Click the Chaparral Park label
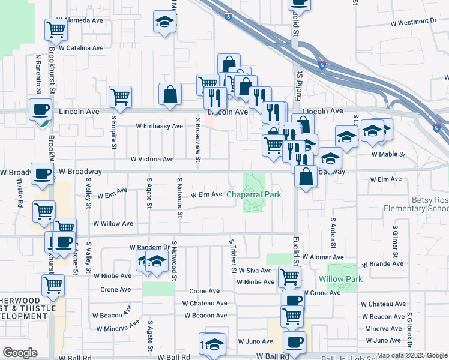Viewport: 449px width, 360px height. click(x=253, y=194)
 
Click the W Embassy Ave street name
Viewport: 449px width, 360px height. click(x=159, y=127)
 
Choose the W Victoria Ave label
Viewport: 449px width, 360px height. click(x=152, y=160)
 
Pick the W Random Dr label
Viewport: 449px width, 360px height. click(x=149, y=247)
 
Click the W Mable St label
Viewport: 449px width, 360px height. click(x=388, y=154)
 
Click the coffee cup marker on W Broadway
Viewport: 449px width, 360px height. click(x=42, y=173)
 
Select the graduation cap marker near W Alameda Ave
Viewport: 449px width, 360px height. click(x=164, y=22)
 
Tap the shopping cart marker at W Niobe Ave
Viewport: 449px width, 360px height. click(x=290, y=276)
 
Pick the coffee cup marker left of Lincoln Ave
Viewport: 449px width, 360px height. click(x=41, y=109)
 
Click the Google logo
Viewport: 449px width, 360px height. click(x=20, y=353)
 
